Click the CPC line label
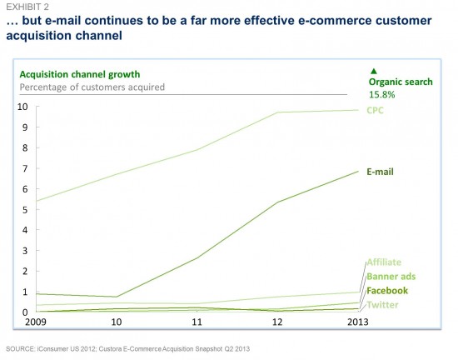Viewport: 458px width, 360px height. tap(375, 111)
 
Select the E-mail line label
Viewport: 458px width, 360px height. tap(380, 172)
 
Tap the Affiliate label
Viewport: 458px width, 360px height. tap(384, 262)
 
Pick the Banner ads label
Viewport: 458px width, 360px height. tap(391, 277)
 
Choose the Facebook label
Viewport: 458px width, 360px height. tap(387, 291)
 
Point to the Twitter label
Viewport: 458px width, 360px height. tap(383, 305)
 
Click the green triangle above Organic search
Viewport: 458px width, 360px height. tap(374, 71)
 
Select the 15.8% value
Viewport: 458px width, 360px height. tap(381, 95)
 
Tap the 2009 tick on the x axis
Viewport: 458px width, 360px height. tap(36, 322)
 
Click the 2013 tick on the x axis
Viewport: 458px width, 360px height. tap(358, 322)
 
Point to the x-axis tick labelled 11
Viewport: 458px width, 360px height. tap(197, 322)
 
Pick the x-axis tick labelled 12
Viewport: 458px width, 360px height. tap(277, 322)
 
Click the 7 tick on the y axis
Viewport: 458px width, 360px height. tap(25, 168)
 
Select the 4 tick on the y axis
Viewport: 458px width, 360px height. tap(25, 230)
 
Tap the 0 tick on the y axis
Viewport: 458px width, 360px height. tap(25, 312)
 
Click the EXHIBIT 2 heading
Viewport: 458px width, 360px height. tap(27, 7)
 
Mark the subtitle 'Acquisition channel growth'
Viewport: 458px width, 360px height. tap(80, 74)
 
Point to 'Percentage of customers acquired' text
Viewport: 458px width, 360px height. tap(92, 87)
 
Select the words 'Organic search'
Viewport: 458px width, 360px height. tap(401, 82)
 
